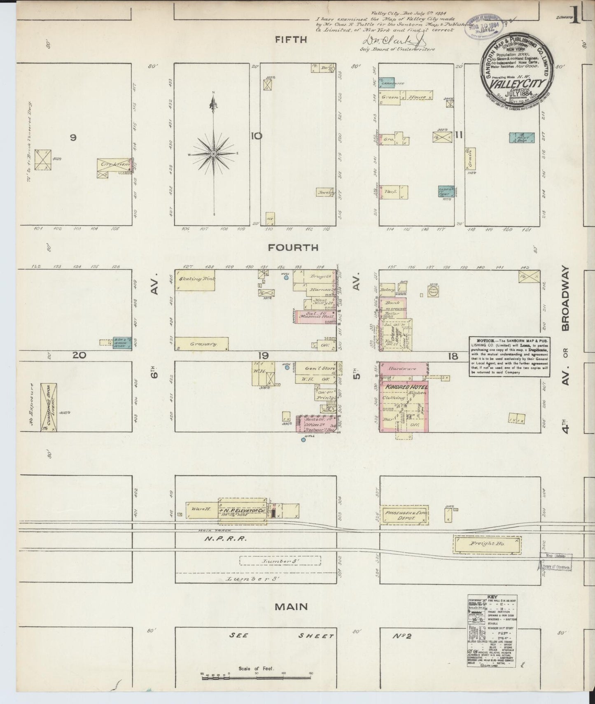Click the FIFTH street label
coord(292,40)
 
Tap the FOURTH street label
coord(293,247)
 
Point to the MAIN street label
coord(292,606)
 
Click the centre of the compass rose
coord(213,154)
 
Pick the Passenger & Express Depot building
coord(404,515)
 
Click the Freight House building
coord(488,545)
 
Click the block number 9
coord(73,138)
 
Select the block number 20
coord(79,355)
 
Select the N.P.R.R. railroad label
coord(227,538)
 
